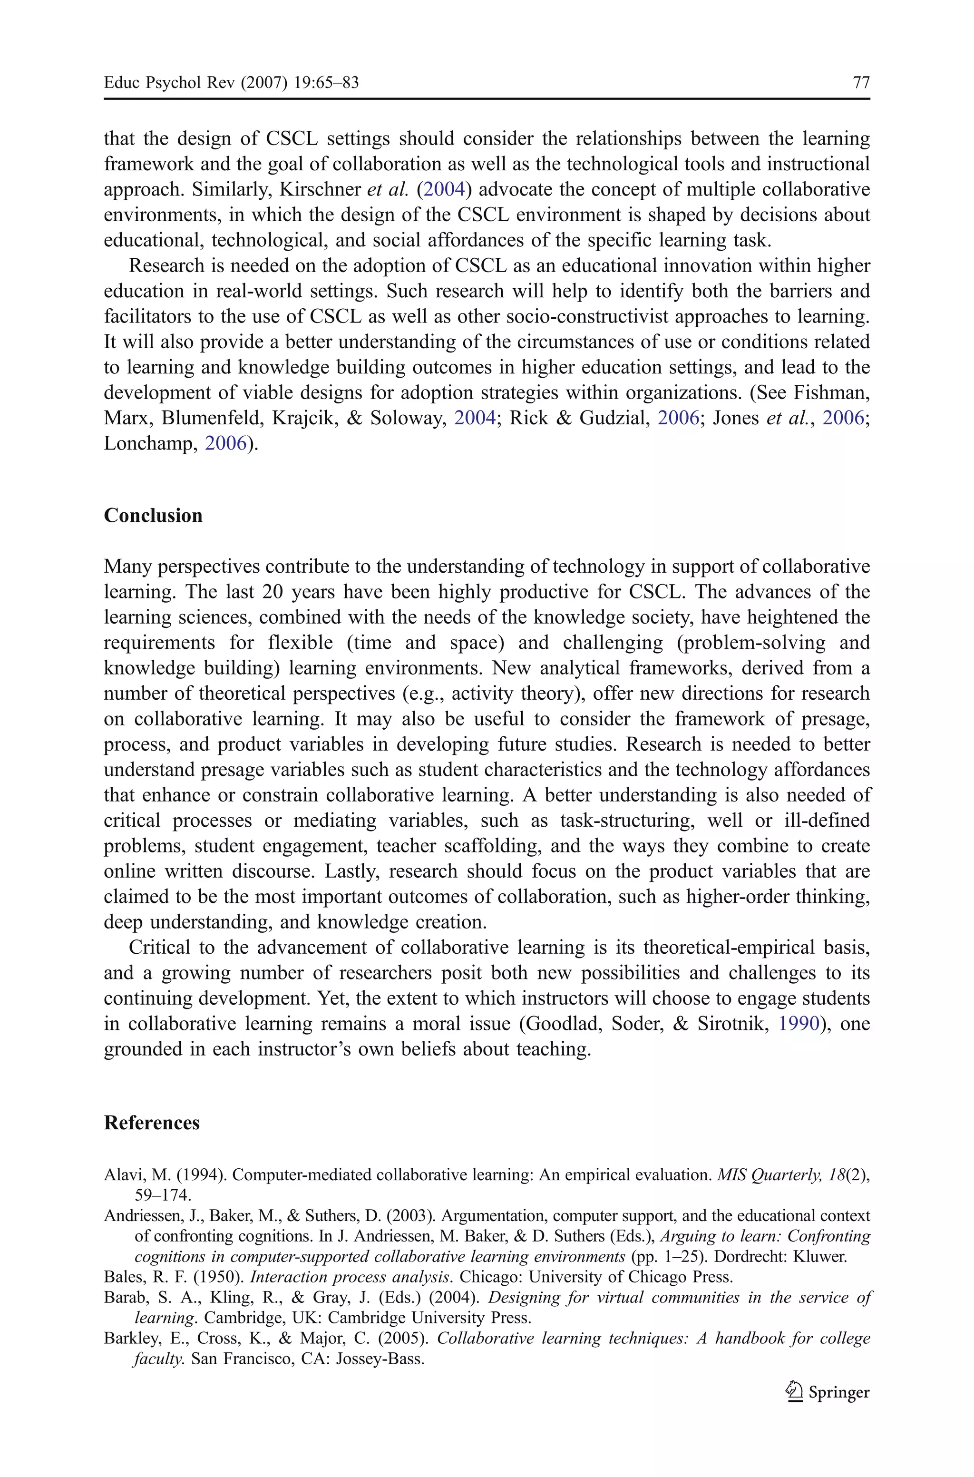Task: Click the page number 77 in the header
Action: tap(861, 83)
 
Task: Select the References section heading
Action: tap(152, 1123)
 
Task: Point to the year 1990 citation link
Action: tap(799, 1024)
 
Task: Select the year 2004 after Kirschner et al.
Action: tap(444, 189)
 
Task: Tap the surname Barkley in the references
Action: tap(127, 1339)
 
